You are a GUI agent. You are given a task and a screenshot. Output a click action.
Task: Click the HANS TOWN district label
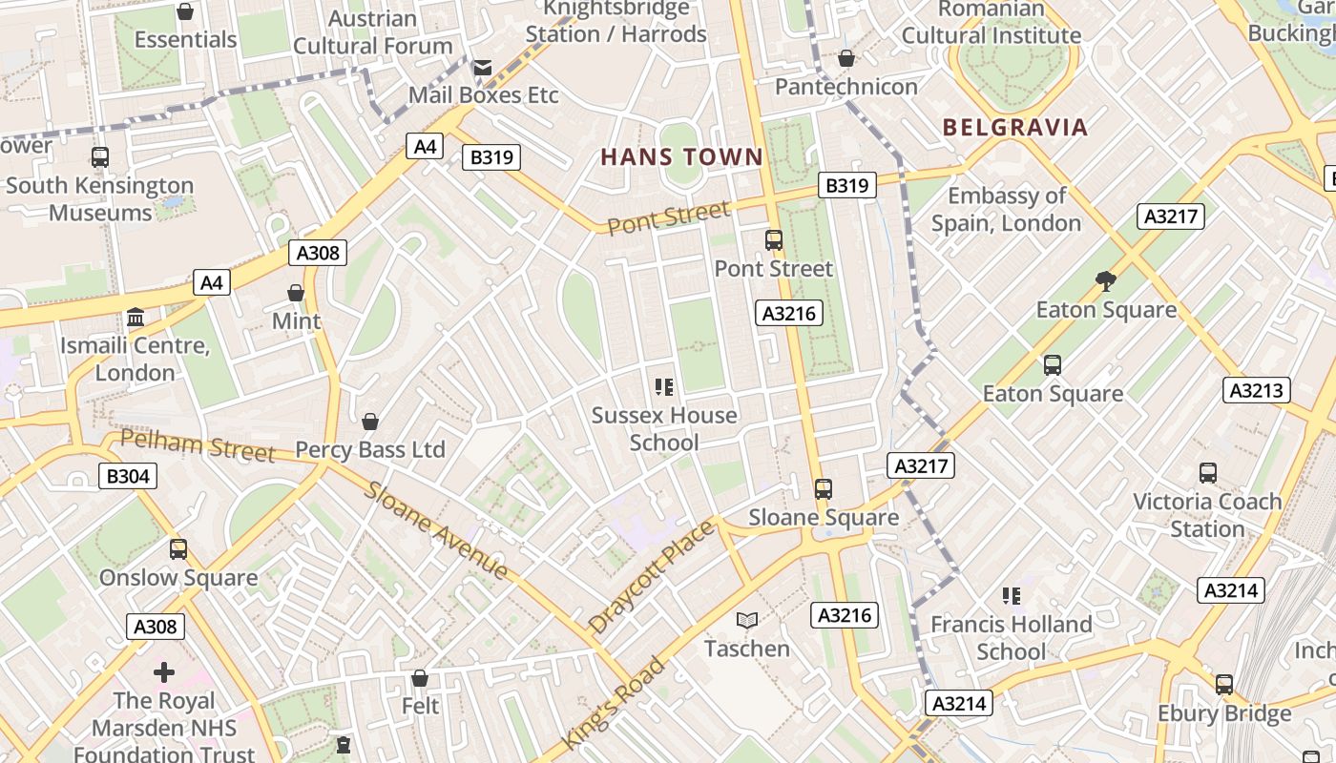click(681, 157)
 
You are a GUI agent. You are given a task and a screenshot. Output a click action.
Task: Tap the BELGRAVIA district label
click(1014, 128)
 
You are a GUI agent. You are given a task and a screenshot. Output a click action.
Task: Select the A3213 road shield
click(1257, 390)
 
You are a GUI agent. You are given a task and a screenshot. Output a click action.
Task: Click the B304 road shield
click(128, 476)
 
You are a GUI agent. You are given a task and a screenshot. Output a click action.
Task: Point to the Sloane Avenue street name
click(436, 531)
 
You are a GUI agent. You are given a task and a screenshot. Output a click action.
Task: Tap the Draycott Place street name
click(651, 577)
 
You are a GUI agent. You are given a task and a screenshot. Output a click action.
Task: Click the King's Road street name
click(613, 703)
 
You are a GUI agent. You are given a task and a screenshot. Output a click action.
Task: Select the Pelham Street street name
click(198, 445)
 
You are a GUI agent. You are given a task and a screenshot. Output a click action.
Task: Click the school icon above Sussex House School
click(663, 387)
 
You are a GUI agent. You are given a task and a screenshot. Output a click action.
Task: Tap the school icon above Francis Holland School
click(1012, 596)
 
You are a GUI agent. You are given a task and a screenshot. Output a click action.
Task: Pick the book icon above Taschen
click(747, 621)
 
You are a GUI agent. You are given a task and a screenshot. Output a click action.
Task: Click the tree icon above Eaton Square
click(1106, 281)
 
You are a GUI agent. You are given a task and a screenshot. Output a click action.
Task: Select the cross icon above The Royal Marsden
click(164, 672)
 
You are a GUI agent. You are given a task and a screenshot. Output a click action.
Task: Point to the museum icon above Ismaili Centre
click(136, 317)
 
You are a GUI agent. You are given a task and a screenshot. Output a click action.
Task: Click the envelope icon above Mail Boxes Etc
click(483, 67)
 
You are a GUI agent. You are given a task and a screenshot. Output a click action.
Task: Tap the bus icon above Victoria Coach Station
click(1207, 473)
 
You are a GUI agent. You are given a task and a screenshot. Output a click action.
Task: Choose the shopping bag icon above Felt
click(420, 678)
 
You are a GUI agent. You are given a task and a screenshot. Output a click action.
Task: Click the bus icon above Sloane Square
click(824, 489)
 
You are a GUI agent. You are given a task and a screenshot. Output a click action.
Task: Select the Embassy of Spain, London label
click(1006, 210)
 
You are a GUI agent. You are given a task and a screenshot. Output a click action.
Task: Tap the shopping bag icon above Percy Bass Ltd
click(370, 422)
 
